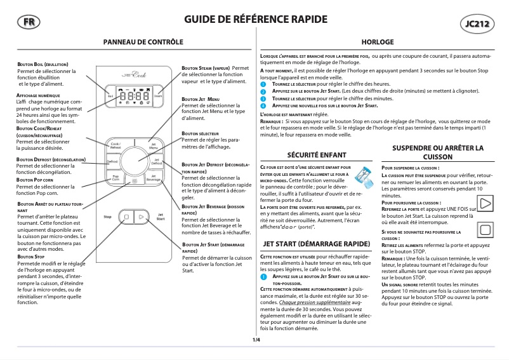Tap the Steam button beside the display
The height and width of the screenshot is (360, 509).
(159, 96)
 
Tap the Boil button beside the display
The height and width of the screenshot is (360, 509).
(110, 96)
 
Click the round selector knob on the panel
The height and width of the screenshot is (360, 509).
(135, 162)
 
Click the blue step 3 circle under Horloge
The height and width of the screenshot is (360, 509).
(264, 99)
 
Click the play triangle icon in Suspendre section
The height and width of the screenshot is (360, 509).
(485, 204)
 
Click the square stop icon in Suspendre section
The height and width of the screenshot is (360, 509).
(485, 230)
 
